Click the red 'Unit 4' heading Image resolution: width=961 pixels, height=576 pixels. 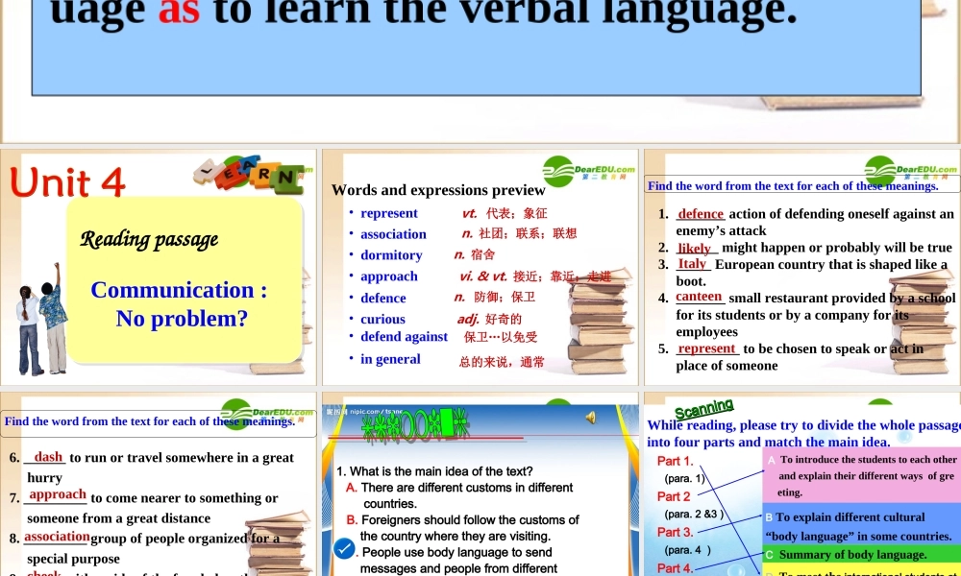click(68, 181)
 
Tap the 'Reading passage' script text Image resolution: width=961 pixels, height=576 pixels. click(149, 239)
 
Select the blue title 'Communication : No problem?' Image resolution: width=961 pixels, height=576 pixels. click(180, 303)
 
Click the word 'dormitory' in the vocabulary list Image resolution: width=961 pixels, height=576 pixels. click(391, 255)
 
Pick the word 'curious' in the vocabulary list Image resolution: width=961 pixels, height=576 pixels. click(382, 319)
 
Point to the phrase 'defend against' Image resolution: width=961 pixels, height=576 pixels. click(404, 337)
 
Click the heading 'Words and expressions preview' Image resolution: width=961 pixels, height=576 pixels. click(438, 190)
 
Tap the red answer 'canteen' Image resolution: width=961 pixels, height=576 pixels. click(699, 297)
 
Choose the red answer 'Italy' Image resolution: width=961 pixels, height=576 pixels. click(692, 264)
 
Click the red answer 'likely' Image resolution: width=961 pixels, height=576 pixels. click(694, 248)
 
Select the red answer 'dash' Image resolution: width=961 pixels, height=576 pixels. click(48, 457)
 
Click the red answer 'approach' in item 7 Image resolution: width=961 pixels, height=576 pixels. click(58, 495)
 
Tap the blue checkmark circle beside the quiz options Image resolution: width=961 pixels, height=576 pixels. click(344, 548)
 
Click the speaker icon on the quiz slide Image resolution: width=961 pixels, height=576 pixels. click(590, 416)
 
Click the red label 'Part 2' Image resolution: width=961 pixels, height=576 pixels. click(674, 496)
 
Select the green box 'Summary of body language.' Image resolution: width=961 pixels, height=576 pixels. click(860, 554)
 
